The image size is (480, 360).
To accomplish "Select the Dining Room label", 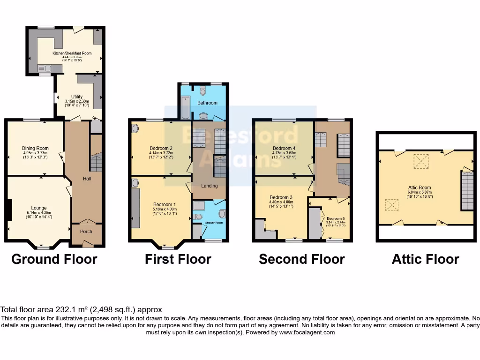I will [35, 149].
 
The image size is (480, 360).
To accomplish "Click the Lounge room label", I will [39, 208].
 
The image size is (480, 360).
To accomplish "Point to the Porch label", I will [86, 232].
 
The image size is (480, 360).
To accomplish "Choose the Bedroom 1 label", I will [165, 204].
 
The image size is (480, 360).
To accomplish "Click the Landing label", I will [210, 186].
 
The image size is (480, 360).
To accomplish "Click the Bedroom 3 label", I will [281, 197].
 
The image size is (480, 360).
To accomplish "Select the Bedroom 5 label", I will [336, 219].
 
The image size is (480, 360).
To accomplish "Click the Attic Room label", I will [420, 187].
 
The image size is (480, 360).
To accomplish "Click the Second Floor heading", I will [301, 259].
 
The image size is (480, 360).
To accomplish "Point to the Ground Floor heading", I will [54, 259].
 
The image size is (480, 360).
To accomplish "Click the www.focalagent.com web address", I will [307, 332].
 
